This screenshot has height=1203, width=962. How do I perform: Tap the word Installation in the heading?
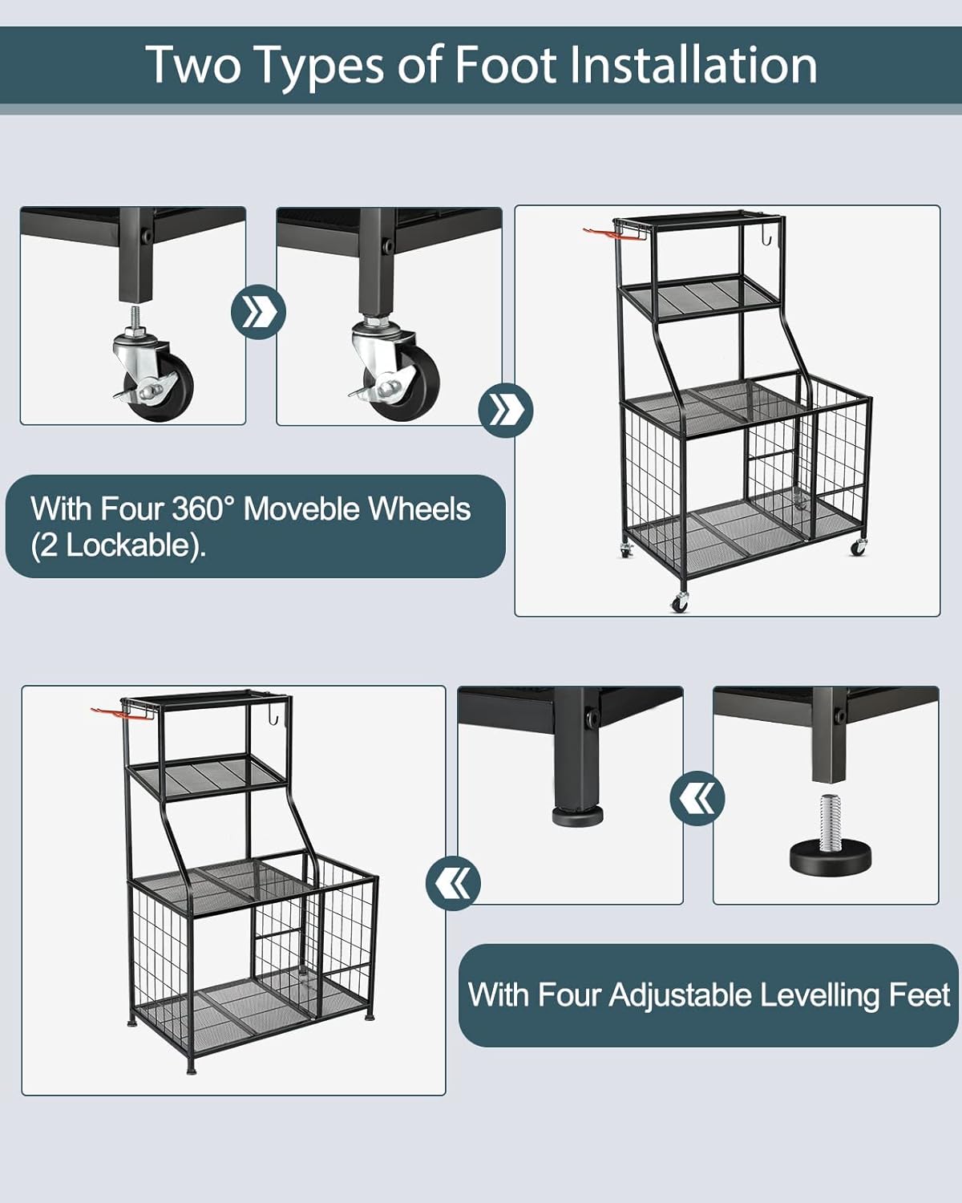coord(693,65)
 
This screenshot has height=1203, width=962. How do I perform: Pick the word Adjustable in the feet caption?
coord(681,995)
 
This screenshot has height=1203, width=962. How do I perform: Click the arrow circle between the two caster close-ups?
coord(258,312)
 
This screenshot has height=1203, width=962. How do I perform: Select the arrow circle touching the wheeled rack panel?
coord(506,411)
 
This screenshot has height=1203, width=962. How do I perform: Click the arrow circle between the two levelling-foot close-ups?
coord(697,798)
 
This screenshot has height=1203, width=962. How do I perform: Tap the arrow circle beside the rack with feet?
coord(453,883)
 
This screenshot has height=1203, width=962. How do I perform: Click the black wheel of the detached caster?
coord(167,386)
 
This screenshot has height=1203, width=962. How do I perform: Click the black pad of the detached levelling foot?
coord(831,855)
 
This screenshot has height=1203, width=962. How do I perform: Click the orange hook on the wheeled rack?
coord(601,233)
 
